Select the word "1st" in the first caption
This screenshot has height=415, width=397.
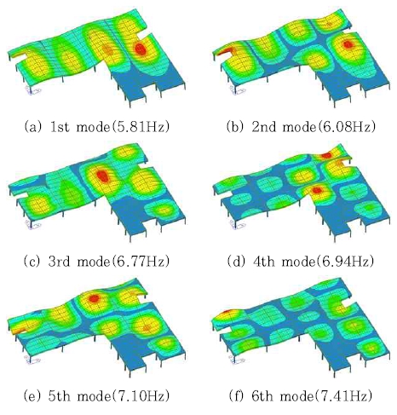click(x=60, y=127)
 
